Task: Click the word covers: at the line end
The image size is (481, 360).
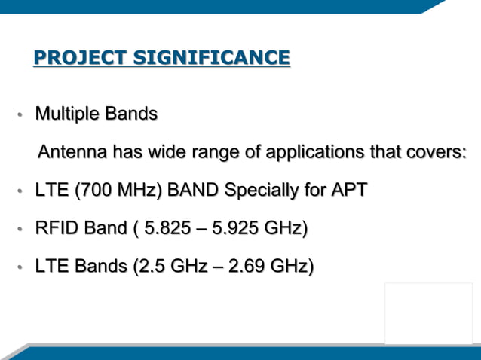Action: click(437, 152)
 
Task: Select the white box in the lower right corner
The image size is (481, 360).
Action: click(428, 313)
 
